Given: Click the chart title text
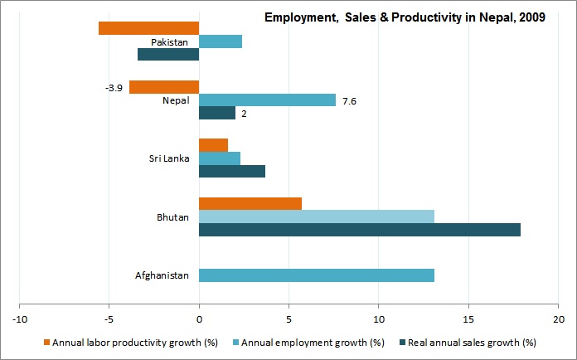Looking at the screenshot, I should coord(405,17).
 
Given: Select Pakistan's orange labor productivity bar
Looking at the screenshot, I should coord(148,28).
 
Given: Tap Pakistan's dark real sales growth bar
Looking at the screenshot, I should coord(168,55).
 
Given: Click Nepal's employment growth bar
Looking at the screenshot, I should coord(267,100).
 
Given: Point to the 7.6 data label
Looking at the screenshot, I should coord(349,100).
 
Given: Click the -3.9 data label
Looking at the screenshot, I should coord(114,87).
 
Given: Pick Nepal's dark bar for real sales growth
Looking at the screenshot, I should coord(217,113).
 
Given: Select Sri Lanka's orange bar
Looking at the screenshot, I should coord(213,145).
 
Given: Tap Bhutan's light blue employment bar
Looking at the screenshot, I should coord(317,216).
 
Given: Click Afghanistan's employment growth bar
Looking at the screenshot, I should coord(317,275).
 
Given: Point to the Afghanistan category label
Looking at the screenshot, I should coord(162,275).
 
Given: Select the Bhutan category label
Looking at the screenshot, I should coord(173,217).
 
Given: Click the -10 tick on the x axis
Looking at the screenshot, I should coord(19,319).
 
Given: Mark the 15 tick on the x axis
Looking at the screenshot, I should coord(468,319).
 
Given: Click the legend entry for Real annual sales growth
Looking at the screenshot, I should coord(468,342).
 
